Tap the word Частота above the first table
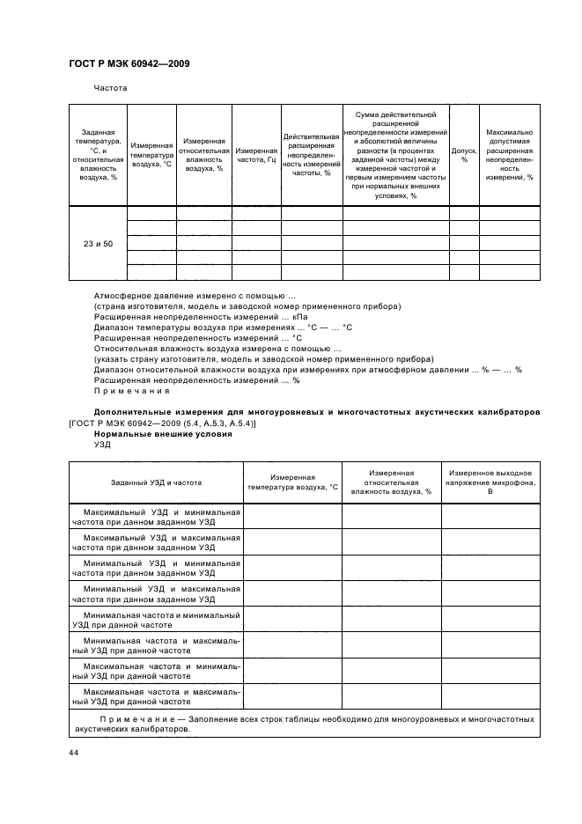111,88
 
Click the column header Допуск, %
464,155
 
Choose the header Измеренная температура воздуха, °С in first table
151,155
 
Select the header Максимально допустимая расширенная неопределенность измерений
510,155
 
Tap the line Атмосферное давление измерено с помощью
195,296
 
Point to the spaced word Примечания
131,391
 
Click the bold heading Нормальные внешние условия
163,434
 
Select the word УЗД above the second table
103,445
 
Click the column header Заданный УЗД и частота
156,482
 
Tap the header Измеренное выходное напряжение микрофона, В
490,482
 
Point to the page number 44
74,753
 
